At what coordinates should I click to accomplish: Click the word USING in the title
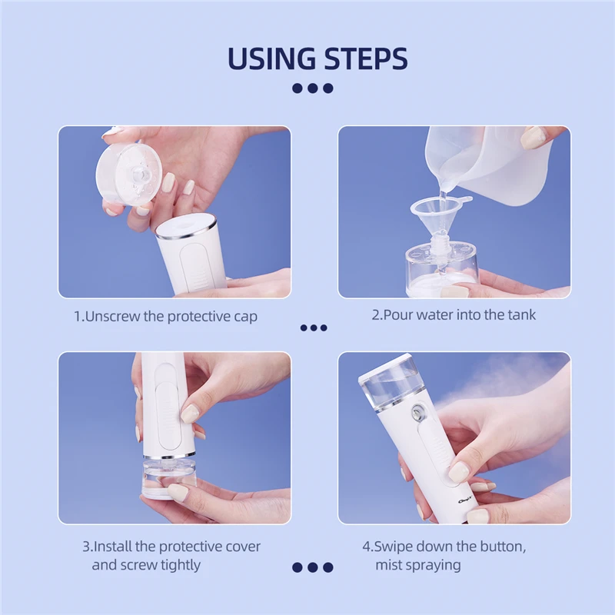click(x=271, y=58)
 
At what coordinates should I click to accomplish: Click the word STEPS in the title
click(x=366, y=58)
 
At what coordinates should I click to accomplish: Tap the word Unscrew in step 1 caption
click(x=112, y=316)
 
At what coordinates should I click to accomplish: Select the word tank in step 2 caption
click(x=521, y=314)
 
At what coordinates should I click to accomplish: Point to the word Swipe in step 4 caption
click(x=393, y=547)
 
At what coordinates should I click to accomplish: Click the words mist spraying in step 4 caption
click(x=418, y=565)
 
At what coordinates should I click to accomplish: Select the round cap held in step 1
click(x=129, y=174)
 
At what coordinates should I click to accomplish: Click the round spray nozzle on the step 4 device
click(x=417, y=413)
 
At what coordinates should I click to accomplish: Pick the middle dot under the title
click(x=313, y=88)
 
